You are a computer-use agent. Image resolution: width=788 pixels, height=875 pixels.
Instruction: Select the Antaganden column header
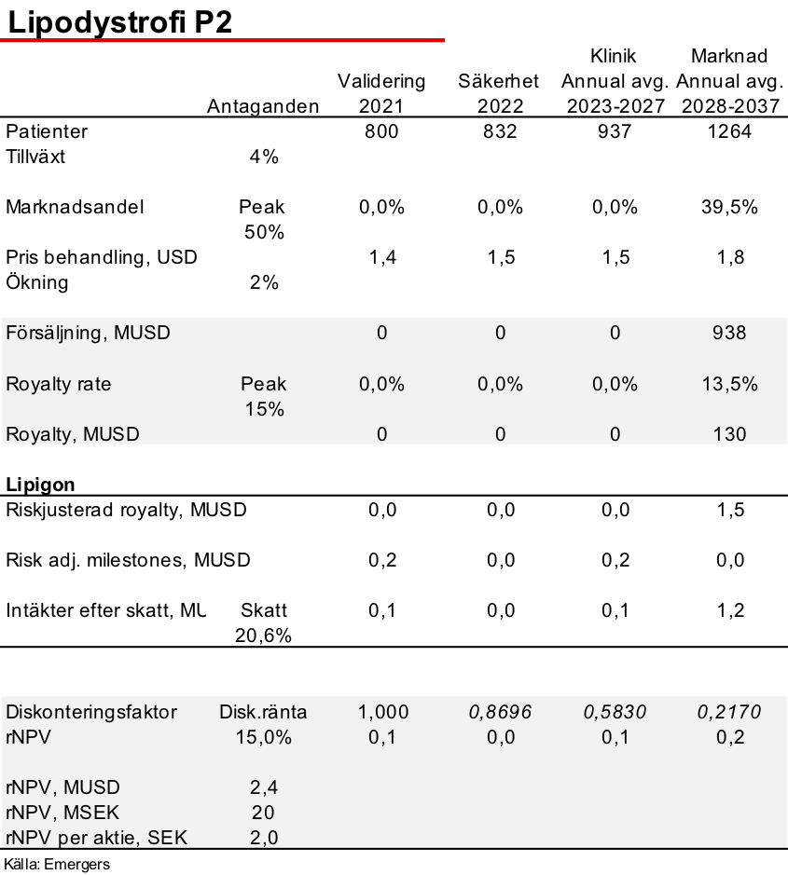263,106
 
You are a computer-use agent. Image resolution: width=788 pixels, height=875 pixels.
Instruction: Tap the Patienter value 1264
729,131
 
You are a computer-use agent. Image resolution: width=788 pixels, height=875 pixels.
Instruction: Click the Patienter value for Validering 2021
381,131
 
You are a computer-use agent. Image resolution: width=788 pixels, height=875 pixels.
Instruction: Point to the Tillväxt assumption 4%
264,157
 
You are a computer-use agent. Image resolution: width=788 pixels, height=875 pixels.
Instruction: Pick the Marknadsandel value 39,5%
729,207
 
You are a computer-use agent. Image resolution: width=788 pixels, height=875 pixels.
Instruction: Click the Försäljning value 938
729,333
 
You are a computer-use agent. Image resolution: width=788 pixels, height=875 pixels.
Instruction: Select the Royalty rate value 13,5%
729,384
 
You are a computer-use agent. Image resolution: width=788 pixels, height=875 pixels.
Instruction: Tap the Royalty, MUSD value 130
729,434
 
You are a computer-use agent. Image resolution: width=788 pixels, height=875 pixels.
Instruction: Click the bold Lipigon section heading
40,485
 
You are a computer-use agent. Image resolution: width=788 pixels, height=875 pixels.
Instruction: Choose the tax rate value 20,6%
264,636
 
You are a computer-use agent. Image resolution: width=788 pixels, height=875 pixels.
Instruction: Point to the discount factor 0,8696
500,712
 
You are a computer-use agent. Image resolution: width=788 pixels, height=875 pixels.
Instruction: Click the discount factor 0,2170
729,712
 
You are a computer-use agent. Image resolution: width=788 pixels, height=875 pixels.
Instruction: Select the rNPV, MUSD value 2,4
264,787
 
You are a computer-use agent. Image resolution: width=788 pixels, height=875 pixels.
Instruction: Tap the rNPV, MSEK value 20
263,813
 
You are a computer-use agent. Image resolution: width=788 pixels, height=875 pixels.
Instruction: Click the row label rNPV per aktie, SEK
97,838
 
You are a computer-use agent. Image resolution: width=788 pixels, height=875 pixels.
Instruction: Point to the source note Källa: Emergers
57,865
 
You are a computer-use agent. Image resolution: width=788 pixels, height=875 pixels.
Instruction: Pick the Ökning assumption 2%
264,282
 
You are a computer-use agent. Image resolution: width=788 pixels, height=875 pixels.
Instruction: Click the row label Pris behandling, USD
102,257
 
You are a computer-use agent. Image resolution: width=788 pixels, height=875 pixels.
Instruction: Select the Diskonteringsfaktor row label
91,712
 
